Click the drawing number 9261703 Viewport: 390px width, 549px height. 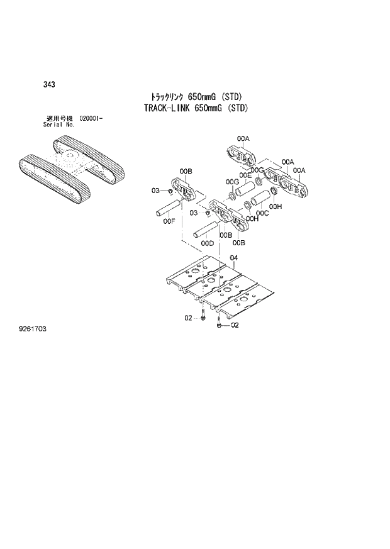tap(35, 329)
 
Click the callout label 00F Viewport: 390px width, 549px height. tap(168, 221)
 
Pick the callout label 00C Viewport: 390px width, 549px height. tap(262, 213)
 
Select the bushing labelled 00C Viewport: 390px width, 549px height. tap(259, 201)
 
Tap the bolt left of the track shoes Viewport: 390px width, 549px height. tap(203, 314)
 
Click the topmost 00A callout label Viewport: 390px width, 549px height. tap(243, 138)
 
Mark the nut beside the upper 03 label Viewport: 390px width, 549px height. tap(171, 190)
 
